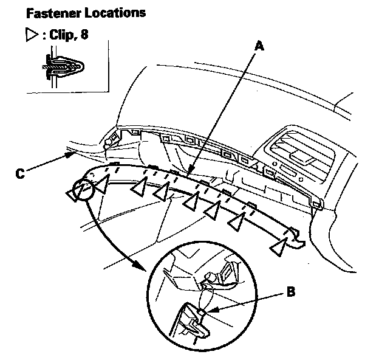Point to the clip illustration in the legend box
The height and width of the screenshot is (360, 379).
click(x=62, y=64)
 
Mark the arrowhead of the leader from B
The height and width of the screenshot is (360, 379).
click(x=207, y=313)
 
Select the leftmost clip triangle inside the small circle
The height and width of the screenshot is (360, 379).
click(x=73, y=195)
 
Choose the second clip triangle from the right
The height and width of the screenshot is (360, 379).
click(x=236, y=224)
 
